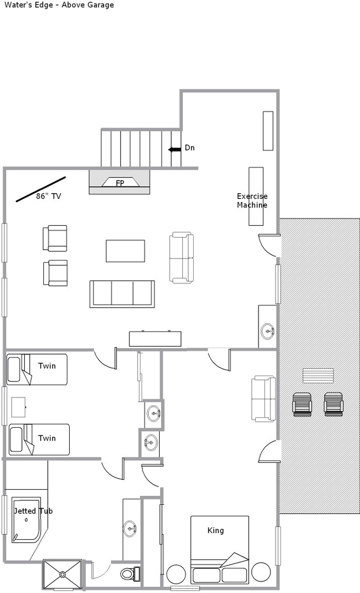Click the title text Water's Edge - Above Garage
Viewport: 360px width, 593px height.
click(x=59, y=5)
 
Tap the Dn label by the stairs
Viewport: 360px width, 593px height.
click(x=190, y=148)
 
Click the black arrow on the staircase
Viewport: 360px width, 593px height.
click(x=175, y=150)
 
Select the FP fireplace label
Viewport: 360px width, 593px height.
click(x=120, y=183)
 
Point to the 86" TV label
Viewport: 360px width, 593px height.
click(x=49, y=196)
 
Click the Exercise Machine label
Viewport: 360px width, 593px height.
click(x=252, y=200)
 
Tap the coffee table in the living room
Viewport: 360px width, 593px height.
click(x=125, y=251)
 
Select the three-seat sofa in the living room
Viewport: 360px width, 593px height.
click(x=122, y=294)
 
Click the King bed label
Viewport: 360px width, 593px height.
click(x=216, y=530)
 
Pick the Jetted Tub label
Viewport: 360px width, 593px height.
click(x=33, y=511)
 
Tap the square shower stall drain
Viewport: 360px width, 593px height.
click(x=62, y=574)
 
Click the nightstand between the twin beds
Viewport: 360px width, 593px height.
click(x=19, y=407)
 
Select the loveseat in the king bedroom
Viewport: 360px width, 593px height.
click(x=263, y=399)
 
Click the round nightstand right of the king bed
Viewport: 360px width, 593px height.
click(x=261, y=572)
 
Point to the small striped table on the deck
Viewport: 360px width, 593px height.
click(x=318, y=376)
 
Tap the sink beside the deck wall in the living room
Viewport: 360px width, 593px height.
click(x=268, y=331)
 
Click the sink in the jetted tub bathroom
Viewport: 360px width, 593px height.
click(x=130, y=527)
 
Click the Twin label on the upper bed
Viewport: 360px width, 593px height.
click(x=47, y=366)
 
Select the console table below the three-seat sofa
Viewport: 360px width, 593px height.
click(x=155, y=339)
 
